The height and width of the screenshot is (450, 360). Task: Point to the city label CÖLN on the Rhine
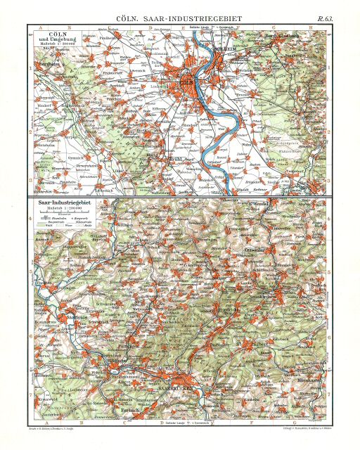[x=187, y=84]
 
